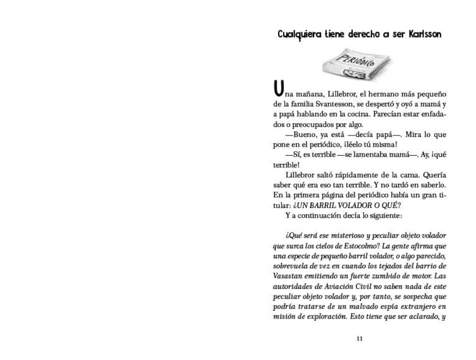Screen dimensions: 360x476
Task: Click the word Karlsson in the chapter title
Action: (x=425, y=34)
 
